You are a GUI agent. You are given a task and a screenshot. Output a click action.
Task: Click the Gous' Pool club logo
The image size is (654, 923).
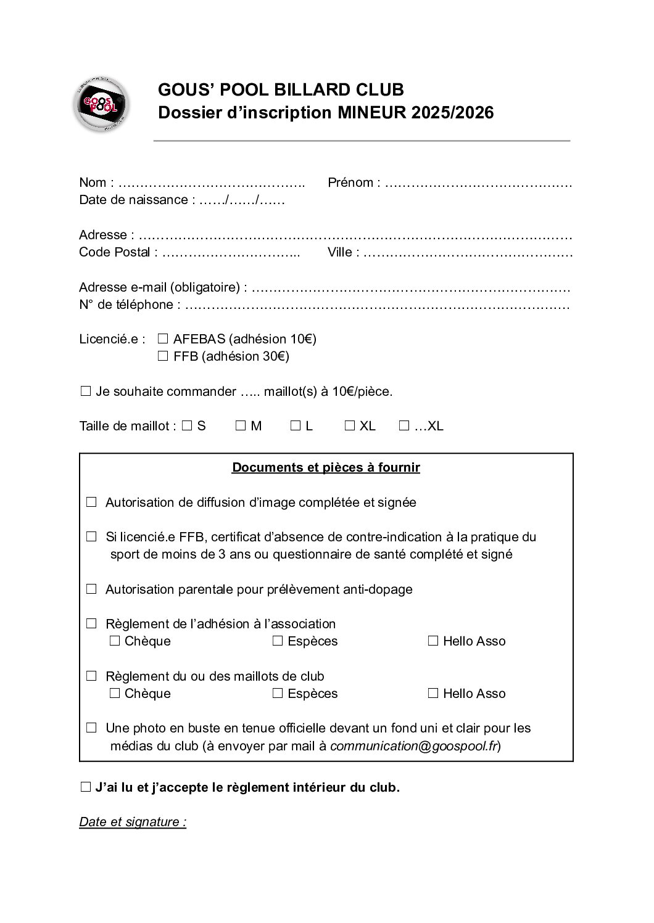[x=101, y=104]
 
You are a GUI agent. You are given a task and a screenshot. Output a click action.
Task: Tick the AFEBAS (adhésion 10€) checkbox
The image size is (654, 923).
[x=163, y=338]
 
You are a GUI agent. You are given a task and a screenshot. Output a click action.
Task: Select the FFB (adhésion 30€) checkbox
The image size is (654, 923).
[x=163, y=356]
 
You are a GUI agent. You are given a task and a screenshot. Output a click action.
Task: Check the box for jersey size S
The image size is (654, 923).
[x=187, y=425]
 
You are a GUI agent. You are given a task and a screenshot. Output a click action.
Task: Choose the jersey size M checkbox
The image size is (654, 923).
[x=241, y=425]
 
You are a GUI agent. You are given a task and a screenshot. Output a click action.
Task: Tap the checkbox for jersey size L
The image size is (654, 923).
[x=295, y=425]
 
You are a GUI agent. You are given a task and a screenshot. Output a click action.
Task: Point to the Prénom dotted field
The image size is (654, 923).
[x=479, y=183]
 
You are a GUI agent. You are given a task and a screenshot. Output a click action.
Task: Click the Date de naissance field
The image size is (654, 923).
[x=242, y=200]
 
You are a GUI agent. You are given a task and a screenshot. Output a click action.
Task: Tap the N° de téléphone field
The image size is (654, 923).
[x=376, y=305]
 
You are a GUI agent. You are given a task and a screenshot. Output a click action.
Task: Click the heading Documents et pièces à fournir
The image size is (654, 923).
[x=326, y=467]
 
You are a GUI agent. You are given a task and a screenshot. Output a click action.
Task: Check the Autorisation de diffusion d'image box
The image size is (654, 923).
[x=91, y=502]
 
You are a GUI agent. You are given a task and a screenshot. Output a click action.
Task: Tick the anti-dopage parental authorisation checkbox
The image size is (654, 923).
[x=91, y=589]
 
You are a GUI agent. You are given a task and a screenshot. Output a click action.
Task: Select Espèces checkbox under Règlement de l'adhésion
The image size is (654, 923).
[x=278, y=641]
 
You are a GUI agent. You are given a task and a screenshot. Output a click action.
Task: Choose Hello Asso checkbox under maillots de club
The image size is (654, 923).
[x=433, y=694]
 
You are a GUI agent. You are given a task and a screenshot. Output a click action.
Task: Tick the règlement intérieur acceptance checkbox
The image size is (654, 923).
[x=86, y=787]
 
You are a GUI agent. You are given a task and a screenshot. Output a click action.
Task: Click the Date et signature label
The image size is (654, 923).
[x=133, y=822]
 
